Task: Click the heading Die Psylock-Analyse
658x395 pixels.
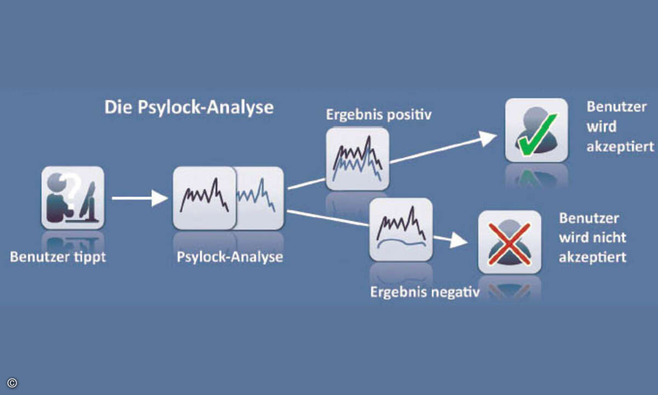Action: pyautogui.click(x=189, y=108)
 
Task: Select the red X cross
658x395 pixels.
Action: pyautogui.click(x=509, y=244)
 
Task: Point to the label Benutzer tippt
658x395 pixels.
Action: pyautogui.click(x=58, y=257)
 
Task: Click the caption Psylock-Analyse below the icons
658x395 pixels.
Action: pyautogui.click(x=230, y=257)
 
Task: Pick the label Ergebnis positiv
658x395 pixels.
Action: pyautogui.click(x=379, y=115)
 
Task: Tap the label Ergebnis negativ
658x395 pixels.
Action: pyautogui.click(x=425, y=292)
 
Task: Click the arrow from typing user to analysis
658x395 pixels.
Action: pyautogui.click(x=140, y=199)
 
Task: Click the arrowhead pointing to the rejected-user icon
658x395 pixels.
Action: pyautogui.click(x=458, y=241)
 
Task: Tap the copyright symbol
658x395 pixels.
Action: pyautogui.click(x=12, y=383)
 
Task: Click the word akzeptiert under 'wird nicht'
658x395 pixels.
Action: pyautogui.click(x=593, y=257)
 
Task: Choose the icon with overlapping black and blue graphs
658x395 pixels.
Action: pyautogui.click(x=358, y=159)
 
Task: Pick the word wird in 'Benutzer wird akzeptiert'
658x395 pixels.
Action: pyautogui.click(x=602, y=127)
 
